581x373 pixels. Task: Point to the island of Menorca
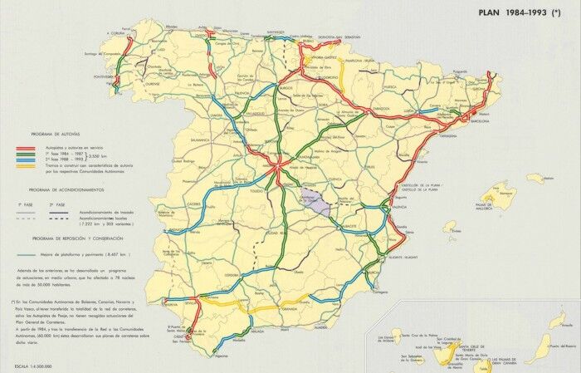[x=535, y=177]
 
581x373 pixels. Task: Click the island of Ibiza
[x=451, y=226]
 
